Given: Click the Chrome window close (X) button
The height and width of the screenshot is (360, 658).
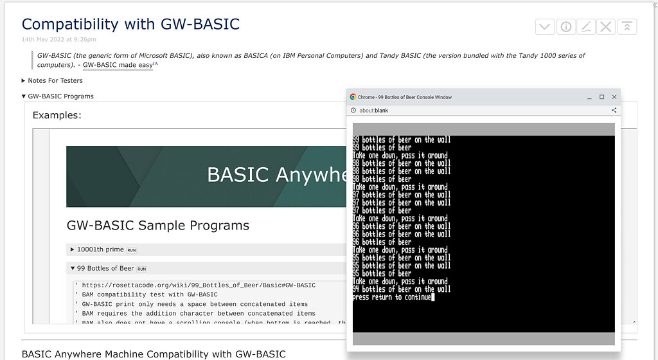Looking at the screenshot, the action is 614,97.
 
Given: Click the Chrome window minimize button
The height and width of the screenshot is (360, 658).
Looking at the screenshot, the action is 589,97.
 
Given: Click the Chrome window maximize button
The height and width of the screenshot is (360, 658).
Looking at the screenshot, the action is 601,97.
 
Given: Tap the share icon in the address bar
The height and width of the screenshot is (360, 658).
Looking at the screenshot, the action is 614,111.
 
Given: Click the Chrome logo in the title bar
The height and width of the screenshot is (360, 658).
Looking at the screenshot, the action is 353,97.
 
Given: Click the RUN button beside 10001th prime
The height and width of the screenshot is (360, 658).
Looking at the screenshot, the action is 132,250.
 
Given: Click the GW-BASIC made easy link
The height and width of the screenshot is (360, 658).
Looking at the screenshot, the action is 118,65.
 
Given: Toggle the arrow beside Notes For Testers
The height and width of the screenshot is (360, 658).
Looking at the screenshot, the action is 24,80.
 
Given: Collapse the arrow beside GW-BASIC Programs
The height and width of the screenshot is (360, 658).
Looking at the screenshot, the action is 24,96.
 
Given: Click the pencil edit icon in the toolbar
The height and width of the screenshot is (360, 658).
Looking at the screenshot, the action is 586,27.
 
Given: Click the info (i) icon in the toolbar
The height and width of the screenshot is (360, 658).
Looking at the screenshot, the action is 565,27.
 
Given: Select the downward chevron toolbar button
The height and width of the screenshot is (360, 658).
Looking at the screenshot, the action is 545,27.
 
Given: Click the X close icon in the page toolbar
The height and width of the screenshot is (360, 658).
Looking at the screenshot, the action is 606,27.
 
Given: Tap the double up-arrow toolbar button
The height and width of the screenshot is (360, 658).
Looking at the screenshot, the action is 627,27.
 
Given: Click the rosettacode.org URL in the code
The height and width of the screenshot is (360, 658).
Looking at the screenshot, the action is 199,285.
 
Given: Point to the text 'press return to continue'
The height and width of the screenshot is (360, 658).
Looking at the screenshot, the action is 392,297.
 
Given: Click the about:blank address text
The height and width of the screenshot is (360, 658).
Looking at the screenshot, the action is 373,111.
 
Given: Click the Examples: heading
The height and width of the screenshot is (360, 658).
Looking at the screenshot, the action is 57,115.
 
